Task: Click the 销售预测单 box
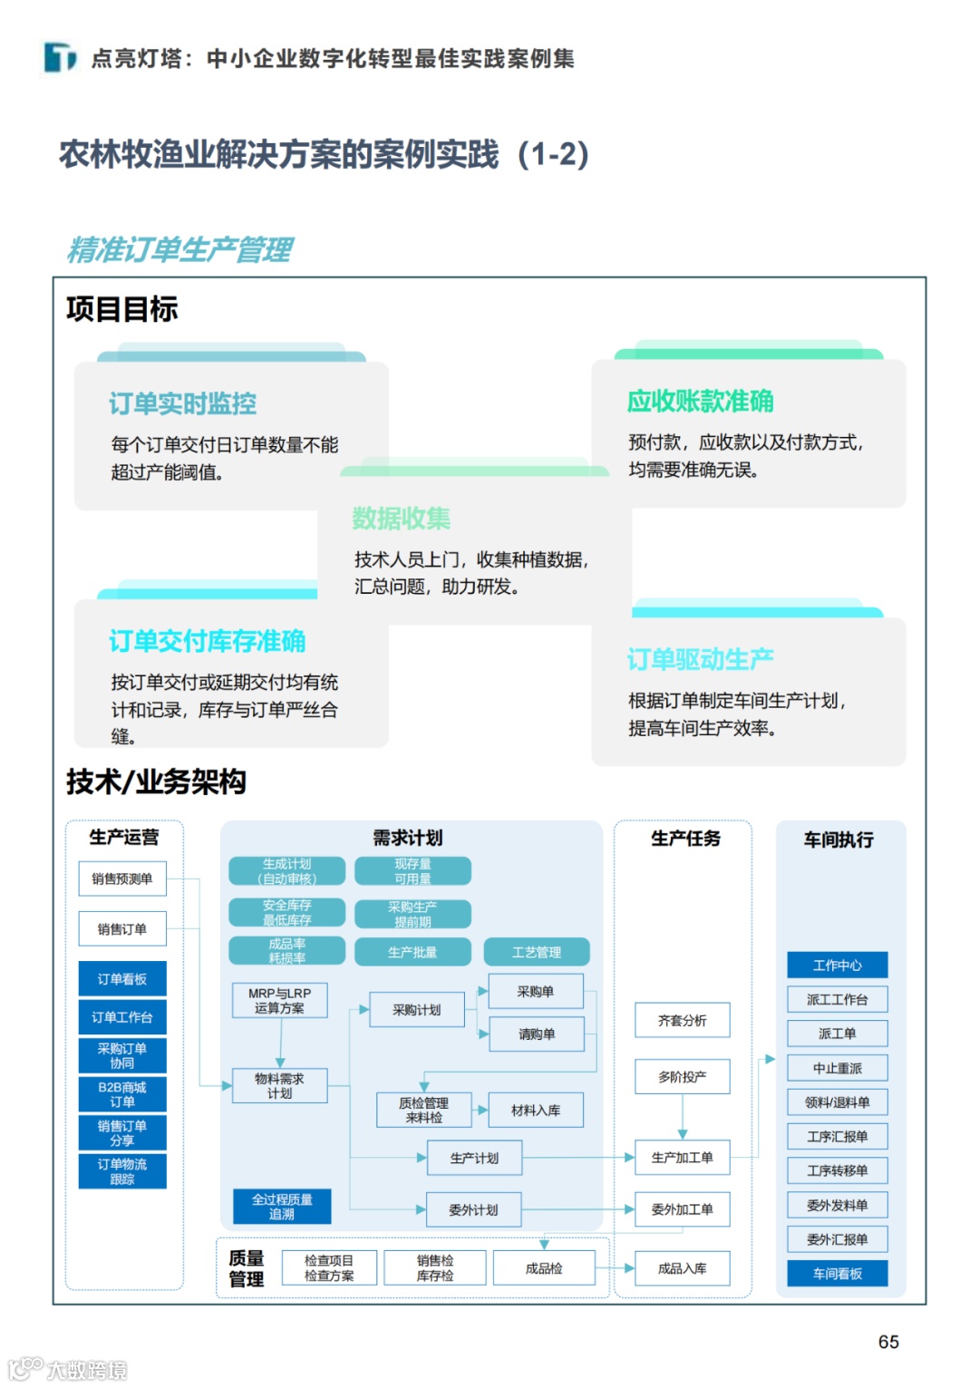click(122, 878)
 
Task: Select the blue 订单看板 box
click(122, 979)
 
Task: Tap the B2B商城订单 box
click(122, 1094)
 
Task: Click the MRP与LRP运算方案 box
click(279, 1001)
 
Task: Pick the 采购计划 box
click(417, 1010)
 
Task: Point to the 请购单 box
click(537, 1034)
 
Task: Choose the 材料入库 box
click(536, 1110)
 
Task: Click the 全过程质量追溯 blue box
click(282, 1207)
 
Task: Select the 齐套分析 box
click(682, 1021)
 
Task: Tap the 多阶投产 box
click(682, 1077)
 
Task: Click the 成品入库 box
click(682, 1268)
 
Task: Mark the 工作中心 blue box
click(837, 966)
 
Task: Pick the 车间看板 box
click(837, 1274)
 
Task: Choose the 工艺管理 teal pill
click(537, 952)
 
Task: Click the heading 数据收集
click(402, 519)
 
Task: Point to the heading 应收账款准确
click(701, 401)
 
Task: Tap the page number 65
click(888, 1342)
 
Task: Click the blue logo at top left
click(61, 57)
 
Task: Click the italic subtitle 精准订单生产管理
click(180, 249)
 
